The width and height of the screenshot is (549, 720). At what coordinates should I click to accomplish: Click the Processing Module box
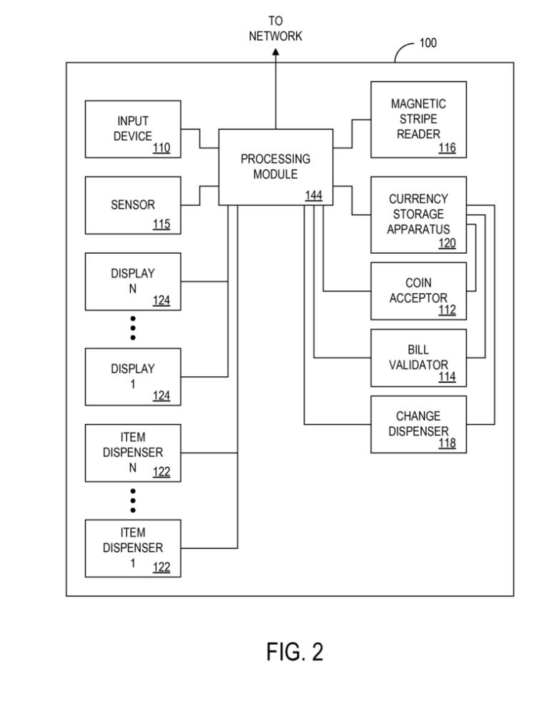pos(275,167)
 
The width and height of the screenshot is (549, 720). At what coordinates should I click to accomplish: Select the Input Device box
pos(132,129)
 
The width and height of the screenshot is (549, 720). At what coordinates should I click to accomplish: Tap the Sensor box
pos(132,205)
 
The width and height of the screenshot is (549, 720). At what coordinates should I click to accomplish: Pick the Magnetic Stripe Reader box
pos(418,119)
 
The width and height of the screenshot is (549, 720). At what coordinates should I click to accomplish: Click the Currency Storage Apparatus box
pos(418,214)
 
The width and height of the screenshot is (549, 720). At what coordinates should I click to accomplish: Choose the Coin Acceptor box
pos(418,290)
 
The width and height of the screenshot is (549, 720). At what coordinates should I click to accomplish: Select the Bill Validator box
pos(418,357)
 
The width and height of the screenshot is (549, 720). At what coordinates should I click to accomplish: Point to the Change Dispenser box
pos(418,424)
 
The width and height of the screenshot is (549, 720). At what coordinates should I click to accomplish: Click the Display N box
pos(132,281)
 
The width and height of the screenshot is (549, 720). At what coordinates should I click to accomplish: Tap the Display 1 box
pos(132,376)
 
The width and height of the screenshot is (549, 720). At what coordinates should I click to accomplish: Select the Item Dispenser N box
pos(132,453)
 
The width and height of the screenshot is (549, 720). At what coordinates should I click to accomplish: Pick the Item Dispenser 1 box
pos(132,548)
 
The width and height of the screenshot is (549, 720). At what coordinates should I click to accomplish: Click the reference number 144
pos(313,194)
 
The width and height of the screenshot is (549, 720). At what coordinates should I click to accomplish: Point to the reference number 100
pos(427,44)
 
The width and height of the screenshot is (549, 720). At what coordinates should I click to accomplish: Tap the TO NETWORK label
pos(275,29)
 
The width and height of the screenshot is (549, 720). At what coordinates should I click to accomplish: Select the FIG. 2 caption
pos(295,651)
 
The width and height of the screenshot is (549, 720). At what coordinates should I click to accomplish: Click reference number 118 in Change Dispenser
pos(447,444)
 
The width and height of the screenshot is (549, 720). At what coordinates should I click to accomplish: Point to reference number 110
pos(161,148)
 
